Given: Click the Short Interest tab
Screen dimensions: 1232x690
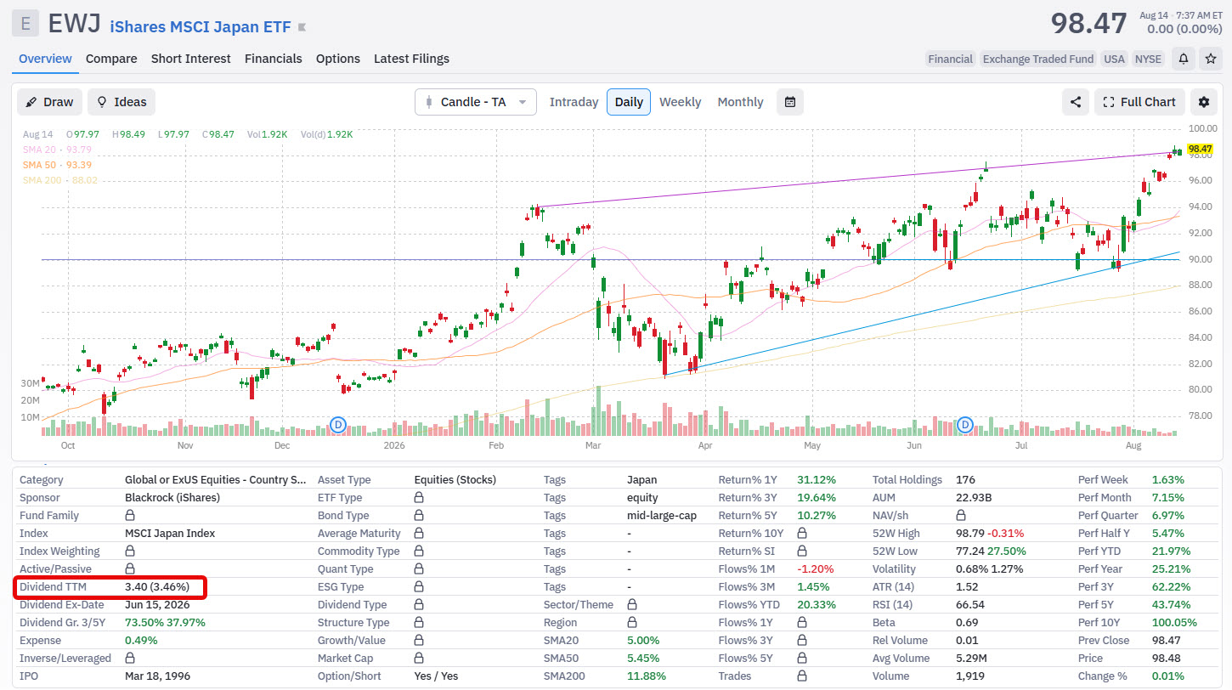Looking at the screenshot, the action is [190, 59].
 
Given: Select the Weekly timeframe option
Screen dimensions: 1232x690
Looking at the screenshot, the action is [680, 102].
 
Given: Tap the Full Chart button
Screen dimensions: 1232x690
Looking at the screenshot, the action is [1139, 102].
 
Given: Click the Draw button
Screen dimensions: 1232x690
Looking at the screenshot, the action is [49, 102].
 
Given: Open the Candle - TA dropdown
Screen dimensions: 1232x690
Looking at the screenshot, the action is [475, 102].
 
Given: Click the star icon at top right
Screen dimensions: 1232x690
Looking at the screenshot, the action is [1211, 59].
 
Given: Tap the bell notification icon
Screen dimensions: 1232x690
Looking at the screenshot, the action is [1184, 59].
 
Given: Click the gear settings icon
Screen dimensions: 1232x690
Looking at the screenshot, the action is [1204, 102].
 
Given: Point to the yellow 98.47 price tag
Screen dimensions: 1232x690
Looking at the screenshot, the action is [1200, 149].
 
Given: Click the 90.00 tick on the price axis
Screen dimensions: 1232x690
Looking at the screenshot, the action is [1200, 259].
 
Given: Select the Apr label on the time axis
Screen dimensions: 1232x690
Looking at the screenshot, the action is [705, 445].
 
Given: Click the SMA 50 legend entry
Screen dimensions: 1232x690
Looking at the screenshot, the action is [57, 165].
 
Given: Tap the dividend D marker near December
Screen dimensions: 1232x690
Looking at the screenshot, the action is [337, 425].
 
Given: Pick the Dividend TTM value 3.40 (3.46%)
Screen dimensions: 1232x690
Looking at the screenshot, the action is [156, 586].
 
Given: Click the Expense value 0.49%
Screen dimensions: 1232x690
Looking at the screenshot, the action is [141, 640].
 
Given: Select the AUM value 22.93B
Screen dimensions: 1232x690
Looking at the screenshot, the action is [974, 497].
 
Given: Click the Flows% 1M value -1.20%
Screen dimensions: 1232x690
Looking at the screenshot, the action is [815, 569].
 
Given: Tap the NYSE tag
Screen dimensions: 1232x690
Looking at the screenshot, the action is [1148, 59].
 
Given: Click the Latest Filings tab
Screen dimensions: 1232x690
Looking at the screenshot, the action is [411, 59].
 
